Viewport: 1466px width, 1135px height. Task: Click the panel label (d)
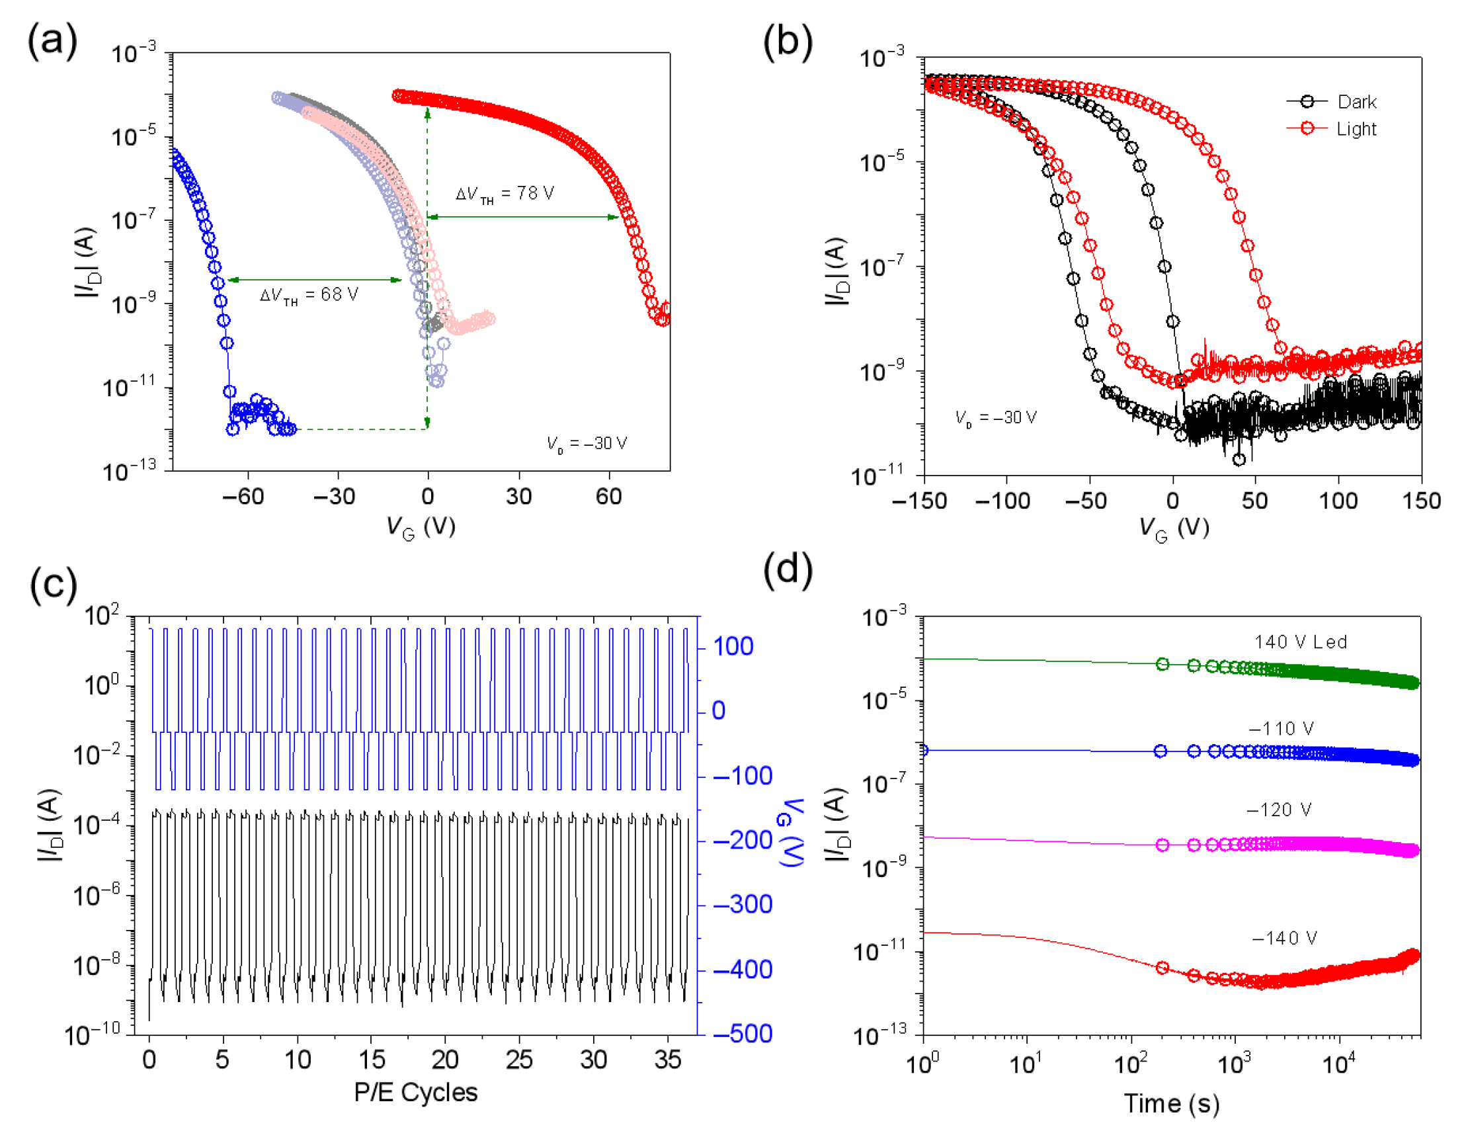(788, 569)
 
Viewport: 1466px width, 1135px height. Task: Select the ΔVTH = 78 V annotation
(505, 194)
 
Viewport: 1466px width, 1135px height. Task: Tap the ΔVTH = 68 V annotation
(309, 295)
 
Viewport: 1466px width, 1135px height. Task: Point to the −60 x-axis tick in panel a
(243, 497)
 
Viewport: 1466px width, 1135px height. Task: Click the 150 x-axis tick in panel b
(1421, 501)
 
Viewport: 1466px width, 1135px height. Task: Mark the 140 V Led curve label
(1300, 642)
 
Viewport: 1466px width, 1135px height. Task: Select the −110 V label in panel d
(1281, 729)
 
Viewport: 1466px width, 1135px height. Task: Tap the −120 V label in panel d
(1279, 810)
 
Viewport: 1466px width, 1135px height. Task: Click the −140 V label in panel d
(1284, 938)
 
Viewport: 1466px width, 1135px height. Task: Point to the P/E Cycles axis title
(415, 1093)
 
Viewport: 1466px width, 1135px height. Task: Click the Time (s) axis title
(1171, 1104)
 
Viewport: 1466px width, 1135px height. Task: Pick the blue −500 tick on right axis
(743, 1034)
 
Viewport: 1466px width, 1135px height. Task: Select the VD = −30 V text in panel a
(587, 443)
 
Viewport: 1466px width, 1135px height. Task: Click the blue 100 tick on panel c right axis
(733, 647)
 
